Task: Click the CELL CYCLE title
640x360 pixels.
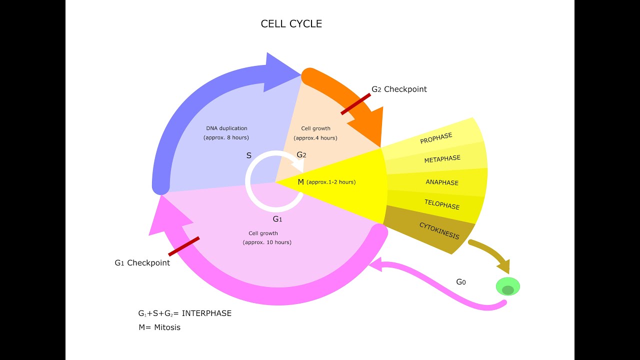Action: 291,24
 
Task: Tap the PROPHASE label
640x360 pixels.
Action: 436,138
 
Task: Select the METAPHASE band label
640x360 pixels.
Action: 442,159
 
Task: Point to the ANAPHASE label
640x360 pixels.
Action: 442,182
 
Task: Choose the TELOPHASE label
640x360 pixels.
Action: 441,204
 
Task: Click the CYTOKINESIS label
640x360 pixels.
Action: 439,230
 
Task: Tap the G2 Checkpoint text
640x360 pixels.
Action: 399,89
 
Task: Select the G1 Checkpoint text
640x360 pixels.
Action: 142,263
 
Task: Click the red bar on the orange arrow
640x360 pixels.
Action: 355,104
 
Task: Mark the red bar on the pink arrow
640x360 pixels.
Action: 184,246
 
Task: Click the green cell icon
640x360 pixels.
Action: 507,287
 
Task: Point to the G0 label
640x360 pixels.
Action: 460,282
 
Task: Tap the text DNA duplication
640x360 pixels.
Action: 226,128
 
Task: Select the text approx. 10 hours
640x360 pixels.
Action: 267,242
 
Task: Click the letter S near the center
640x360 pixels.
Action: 249,155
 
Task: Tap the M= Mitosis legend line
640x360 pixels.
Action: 159,327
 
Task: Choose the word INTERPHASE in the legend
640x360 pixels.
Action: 206,313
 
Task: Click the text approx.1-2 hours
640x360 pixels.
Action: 330,182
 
